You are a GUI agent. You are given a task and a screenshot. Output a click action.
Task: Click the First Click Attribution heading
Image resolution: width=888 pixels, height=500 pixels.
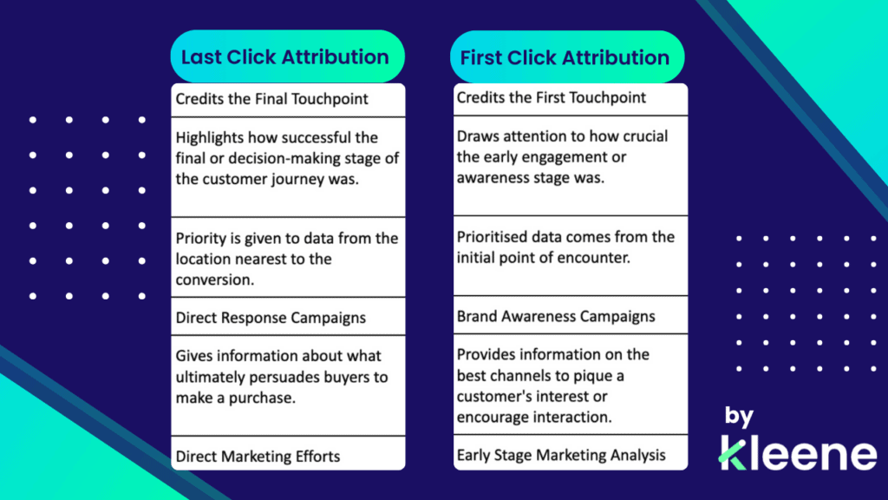point(565,58)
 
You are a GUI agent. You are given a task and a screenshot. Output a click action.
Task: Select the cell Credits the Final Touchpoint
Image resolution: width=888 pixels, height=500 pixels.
point(272,99)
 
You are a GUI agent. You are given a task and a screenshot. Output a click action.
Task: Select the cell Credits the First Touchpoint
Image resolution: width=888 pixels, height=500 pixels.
point(552,97)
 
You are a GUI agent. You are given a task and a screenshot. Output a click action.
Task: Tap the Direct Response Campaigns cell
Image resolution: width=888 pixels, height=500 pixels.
point(271,318)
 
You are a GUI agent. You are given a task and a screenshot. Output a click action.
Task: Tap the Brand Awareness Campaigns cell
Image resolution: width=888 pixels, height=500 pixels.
point(556,316)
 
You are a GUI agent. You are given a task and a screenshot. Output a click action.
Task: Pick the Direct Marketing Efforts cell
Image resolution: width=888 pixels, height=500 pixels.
point(258,456)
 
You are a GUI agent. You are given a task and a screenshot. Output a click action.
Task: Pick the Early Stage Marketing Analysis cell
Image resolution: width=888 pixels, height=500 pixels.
point(561,455)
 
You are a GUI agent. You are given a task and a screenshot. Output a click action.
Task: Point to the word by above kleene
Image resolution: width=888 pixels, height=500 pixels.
point(739,418)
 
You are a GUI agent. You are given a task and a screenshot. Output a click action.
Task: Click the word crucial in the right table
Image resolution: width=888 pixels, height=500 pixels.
point(640,137)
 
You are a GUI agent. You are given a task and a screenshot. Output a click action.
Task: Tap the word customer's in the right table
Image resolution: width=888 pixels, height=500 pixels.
point(494,397)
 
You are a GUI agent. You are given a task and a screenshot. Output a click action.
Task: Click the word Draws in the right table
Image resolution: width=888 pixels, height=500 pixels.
point(478,137)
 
